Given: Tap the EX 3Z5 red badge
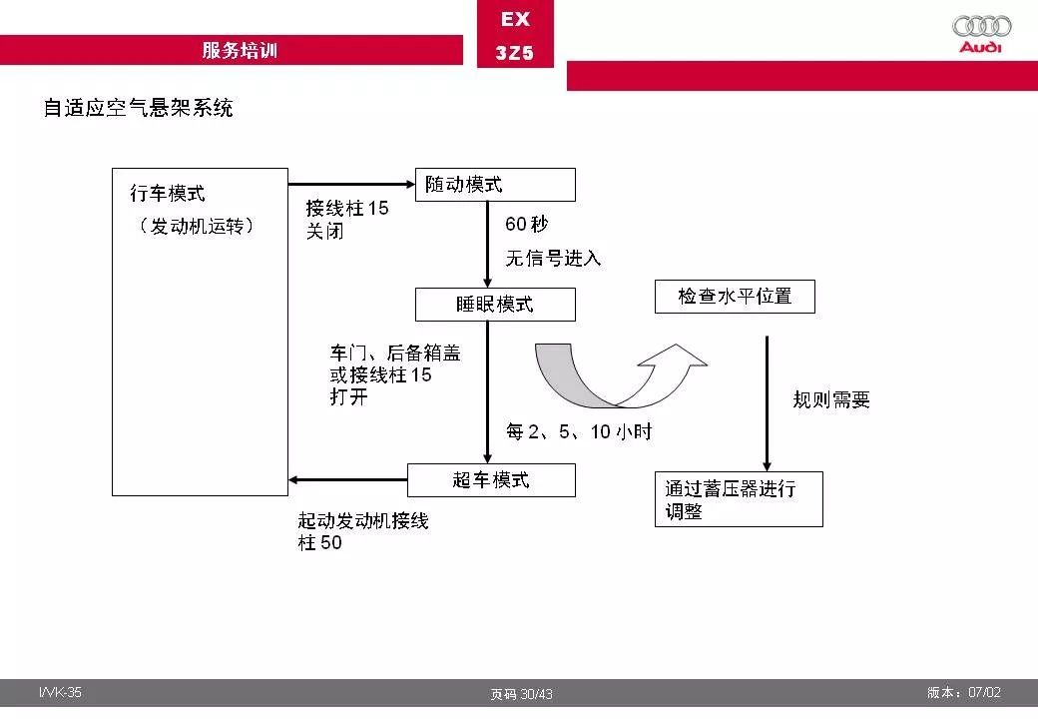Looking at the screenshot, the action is [x=515, y=34].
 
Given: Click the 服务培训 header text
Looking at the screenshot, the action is [x=240, y=50].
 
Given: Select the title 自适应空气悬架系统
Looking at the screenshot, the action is [x=139, y=107].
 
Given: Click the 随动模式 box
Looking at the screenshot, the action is [x=495, y=185].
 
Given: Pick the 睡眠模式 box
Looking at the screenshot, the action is [x=495, y=305].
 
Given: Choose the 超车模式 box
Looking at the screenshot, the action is [x=491, y=480].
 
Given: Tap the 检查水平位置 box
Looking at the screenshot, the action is [x=735, y=296].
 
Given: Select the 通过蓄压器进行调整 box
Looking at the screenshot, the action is [x=739, y=499].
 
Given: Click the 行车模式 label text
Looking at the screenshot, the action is [x=168, y=194].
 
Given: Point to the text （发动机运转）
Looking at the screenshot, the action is [x=197, y=226].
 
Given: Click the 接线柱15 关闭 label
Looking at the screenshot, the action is [x=347, y=219].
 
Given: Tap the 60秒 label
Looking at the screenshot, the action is [x=527, y=224].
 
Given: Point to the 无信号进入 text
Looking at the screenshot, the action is [x=553, y=258].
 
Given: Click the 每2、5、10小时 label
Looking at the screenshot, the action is [x=579, y=431].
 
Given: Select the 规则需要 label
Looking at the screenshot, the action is [x=831, y=399].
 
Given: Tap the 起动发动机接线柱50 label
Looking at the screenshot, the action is [x=362, y=531].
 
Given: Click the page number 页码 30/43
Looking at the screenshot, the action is [x=521, y=694].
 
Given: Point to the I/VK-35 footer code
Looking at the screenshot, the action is [x=60, y=692].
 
